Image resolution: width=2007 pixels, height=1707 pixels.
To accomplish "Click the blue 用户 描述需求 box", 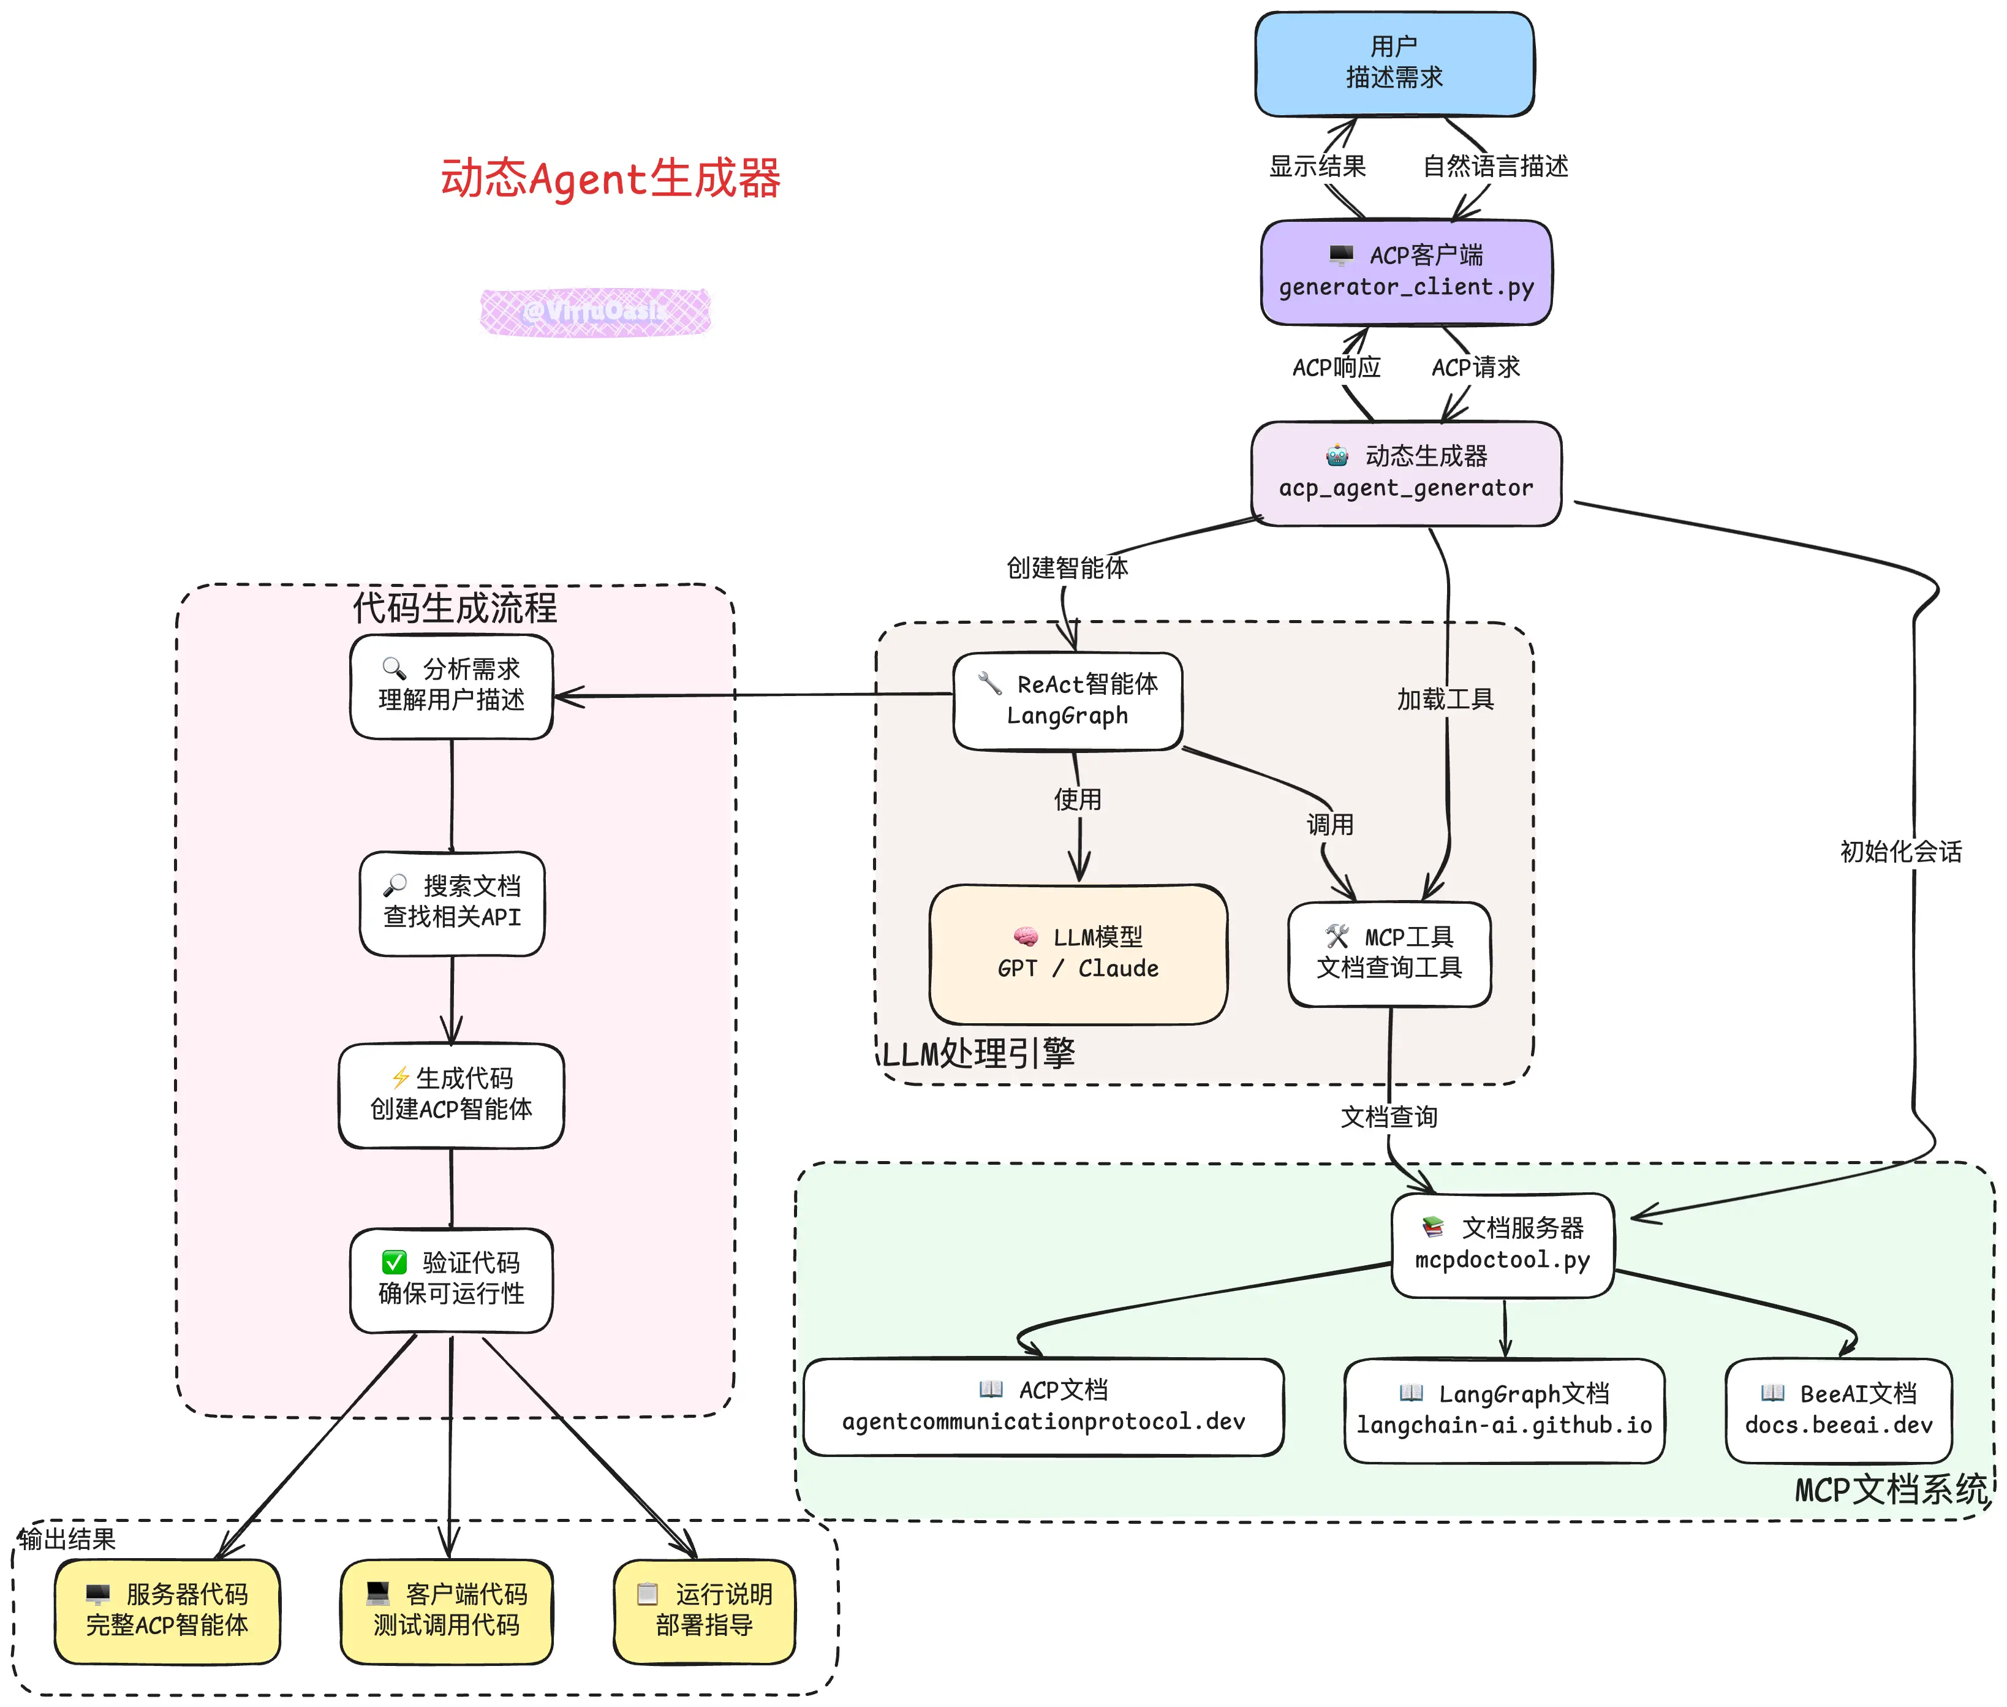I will pos(1394,64).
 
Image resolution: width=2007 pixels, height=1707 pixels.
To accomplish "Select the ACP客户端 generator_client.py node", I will pos(1405,272).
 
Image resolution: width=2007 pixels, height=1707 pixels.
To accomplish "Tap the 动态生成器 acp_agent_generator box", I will pos(1405,473).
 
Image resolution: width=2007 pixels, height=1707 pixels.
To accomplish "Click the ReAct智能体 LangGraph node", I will pos(1067,700).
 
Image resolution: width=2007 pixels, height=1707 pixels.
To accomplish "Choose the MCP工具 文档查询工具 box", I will pos(1389,953).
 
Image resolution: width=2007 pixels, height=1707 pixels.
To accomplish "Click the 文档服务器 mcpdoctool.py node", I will pos(1502,1244).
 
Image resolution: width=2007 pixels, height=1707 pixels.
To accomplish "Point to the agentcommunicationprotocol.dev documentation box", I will pos(1043,1407).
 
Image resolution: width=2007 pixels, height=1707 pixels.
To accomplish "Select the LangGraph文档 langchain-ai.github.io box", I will pos(1504,1410).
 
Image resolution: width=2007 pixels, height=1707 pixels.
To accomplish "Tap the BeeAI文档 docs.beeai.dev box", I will pos(1839,1410).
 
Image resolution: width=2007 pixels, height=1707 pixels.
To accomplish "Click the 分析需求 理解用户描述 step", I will pos(451,685).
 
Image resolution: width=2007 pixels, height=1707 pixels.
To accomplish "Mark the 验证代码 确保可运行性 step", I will pos(451,1279).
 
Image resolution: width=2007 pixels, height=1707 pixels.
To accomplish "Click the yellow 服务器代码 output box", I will pos(167,1611).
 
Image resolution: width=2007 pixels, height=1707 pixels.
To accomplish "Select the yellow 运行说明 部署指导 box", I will pos(705,1611).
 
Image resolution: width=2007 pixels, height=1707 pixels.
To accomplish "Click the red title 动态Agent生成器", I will pos(611,179).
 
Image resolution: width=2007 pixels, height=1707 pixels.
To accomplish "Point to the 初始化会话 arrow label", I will pos(1900,852).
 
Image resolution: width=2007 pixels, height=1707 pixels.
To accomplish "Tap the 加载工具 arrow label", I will pos(1445,698).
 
